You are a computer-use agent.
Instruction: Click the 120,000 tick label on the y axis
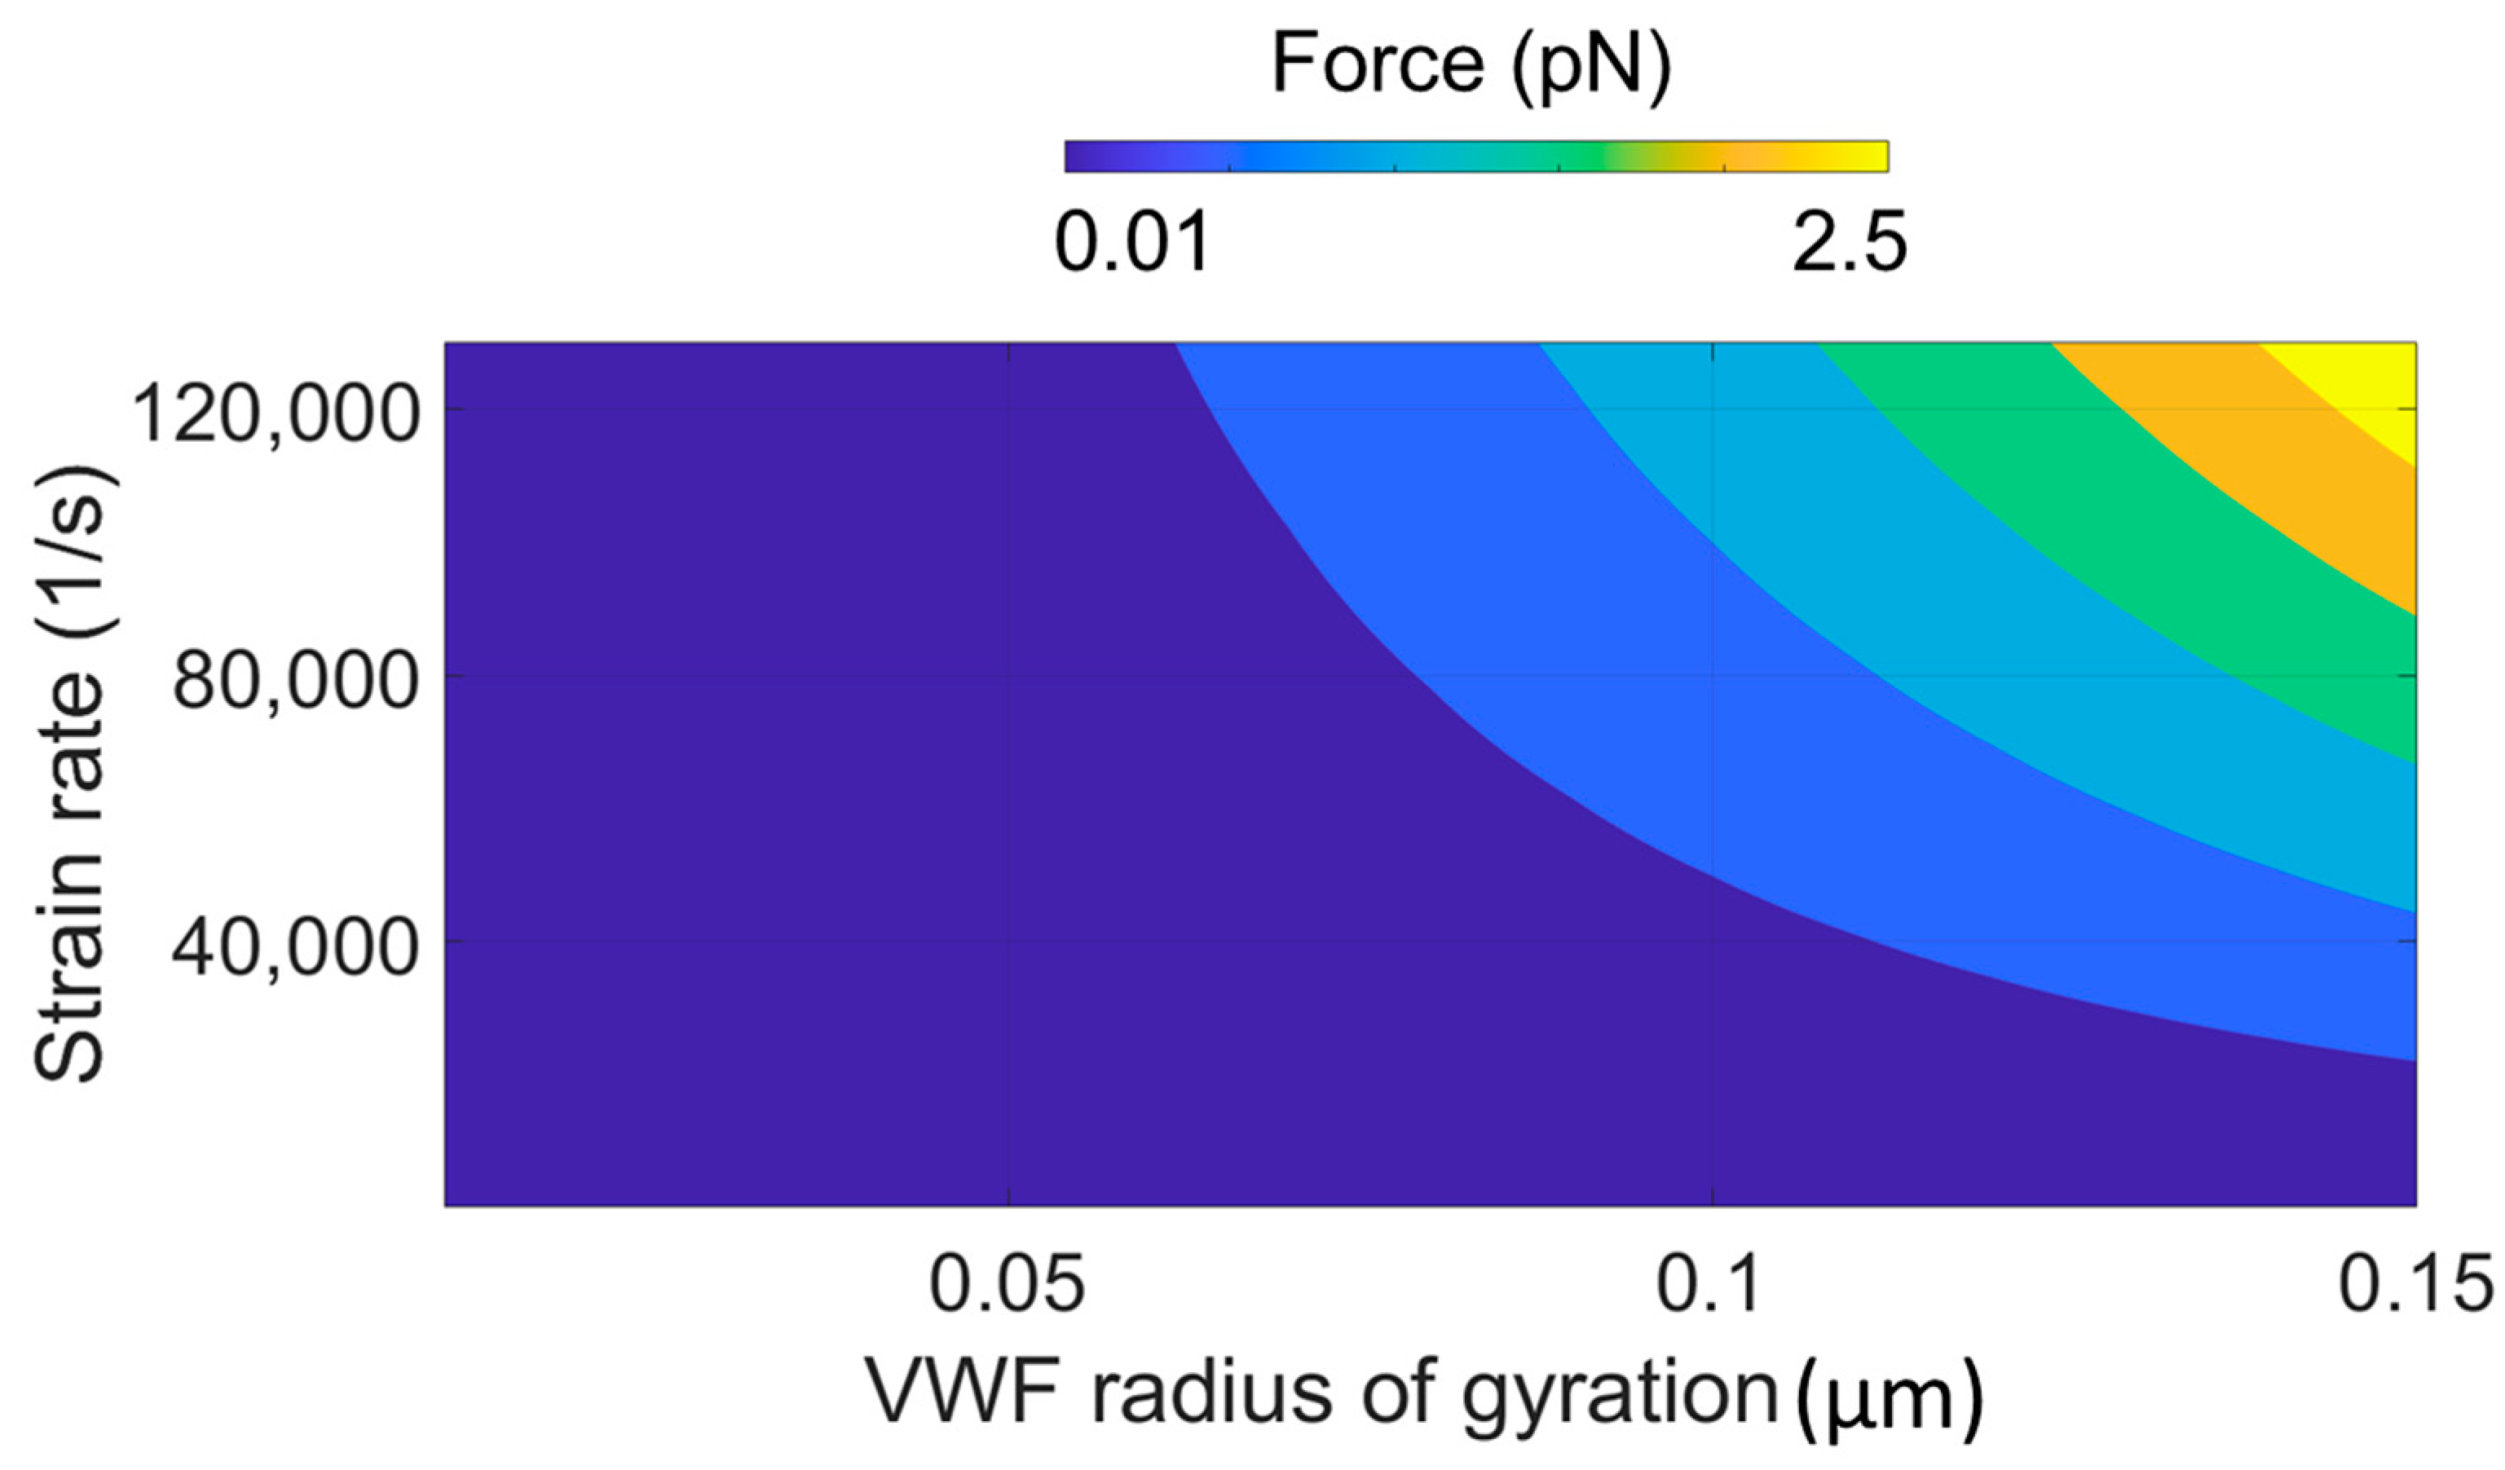coord(275,413)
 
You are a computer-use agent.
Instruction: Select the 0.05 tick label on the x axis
coord(1006,1283)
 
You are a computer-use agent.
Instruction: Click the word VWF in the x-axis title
coord(960,1392)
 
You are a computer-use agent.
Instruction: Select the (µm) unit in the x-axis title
coord(1889,1397)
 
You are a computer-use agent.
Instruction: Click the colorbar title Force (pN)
coord(1472,64)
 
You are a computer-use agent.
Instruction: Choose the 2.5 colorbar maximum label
coord(1849,242)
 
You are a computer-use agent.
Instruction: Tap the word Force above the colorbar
coord(1378,64)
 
